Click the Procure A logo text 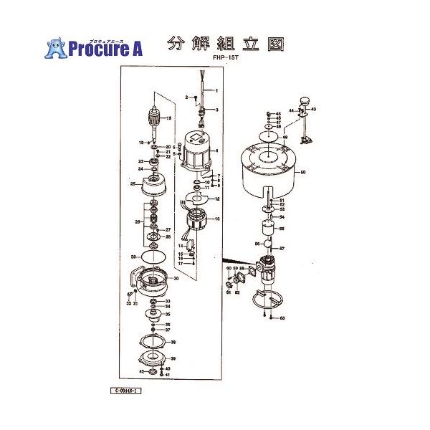coord(104,49)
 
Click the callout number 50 coord(303,173)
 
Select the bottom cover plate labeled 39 coord(151,359)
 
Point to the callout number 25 coord(133,184)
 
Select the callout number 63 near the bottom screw coord(282,317)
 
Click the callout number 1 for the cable coord(216,91)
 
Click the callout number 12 coord(216,199)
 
